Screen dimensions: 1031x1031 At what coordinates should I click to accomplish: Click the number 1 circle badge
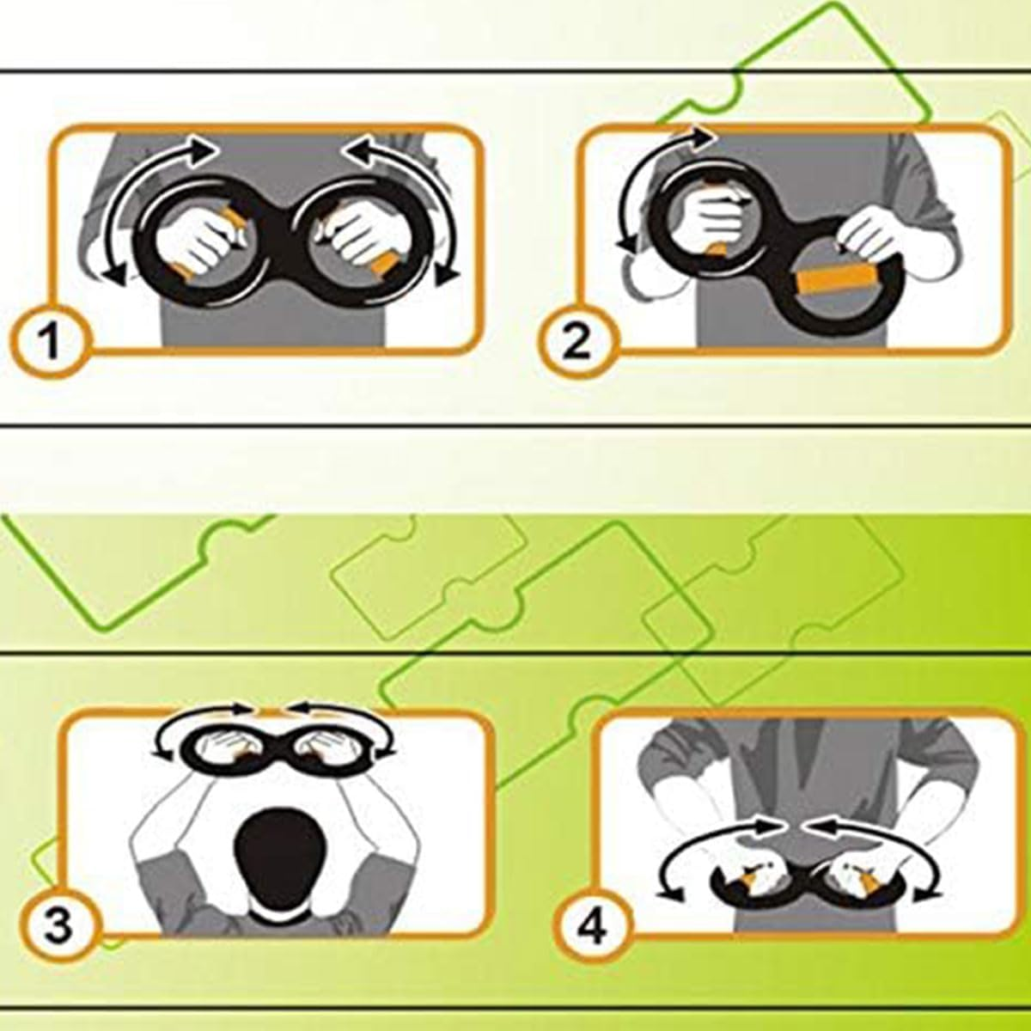(51, 341)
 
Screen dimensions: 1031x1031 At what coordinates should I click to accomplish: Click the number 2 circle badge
(577, 341)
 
